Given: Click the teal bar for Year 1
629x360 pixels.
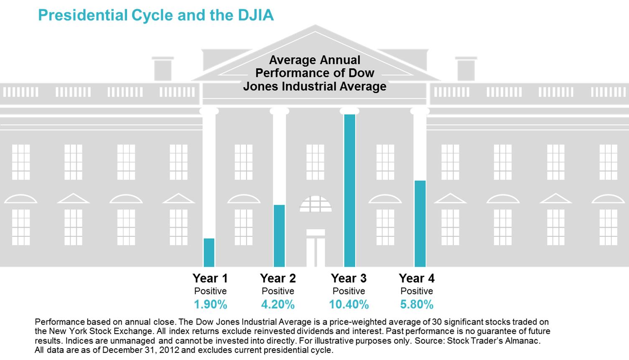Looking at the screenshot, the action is (209, 253).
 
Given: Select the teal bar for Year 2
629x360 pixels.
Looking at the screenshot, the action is (279, 236).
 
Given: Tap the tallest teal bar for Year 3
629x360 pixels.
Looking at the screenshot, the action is (349, 190).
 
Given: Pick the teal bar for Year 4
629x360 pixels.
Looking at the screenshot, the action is (420, 223).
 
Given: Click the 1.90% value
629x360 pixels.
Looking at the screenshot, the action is (211, 304).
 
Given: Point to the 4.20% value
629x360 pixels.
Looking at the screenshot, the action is (278, 304).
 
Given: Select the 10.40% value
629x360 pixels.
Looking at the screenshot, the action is (349, 304).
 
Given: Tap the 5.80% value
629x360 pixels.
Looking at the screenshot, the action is (417, 304).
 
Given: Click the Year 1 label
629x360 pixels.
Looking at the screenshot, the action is (210, 278).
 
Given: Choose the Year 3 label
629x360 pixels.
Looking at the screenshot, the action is (349, 278).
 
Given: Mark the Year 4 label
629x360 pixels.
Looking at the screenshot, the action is (417, 278).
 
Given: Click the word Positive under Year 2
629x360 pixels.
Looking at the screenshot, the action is (278, 291).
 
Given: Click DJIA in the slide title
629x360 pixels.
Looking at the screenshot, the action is (256, 15).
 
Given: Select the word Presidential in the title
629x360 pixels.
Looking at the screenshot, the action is (83, 15).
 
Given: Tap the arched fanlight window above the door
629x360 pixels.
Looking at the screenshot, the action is (316, 204).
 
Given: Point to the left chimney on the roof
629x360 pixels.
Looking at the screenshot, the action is (163, 69).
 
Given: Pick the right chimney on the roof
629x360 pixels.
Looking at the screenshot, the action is (466, 69).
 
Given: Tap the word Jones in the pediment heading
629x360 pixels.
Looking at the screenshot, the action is (261, 86).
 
